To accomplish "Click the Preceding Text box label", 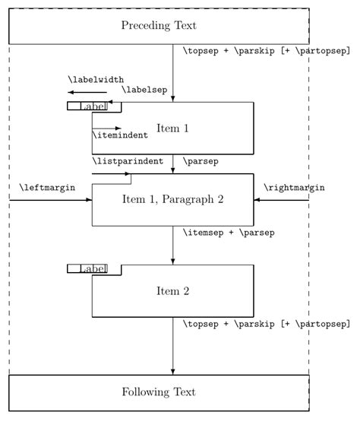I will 158,26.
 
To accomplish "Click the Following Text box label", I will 158,392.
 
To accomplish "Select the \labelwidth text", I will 96,79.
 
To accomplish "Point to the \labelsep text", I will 144,90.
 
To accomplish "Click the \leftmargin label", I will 46,187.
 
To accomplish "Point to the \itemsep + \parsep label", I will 228,232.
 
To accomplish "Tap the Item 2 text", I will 172,290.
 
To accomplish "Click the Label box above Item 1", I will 87,106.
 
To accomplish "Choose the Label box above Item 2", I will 87,268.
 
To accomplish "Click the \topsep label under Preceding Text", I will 266,52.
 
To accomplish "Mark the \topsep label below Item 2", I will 266,324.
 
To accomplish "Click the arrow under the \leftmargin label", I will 50,200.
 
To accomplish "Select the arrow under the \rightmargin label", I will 281,200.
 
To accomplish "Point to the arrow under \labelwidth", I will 85,92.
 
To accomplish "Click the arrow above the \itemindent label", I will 107,128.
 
